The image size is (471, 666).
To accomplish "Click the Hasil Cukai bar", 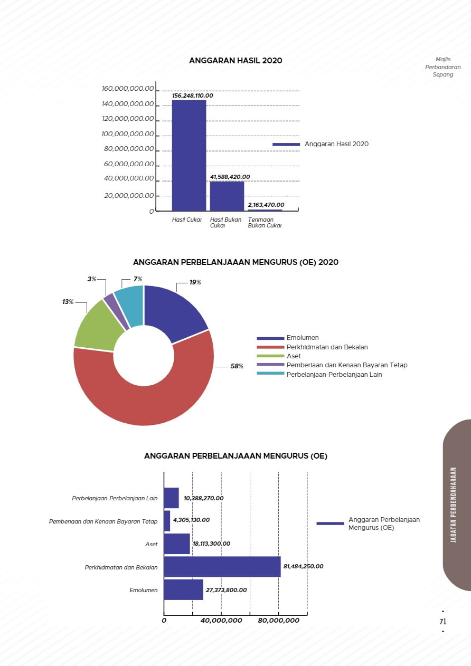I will [x=189, y=155].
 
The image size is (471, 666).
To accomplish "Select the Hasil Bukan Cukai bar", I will [x=227, y=196].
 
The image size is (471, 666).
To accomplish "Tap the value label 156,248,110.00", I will [x=192, y=96].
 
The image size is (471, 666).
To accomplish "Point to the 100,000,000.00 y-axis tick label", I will [x=127, y=134].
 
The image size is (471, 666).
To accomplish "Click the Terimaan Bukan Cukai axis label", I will [x=265, y=223].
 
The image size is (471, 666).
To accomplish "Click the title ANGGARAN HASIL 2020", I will [x=235, y=61].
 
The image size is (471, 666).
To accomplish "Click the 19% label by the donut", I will [x=195, y=282].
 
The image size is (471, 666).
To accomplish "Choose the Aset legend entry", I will [x=294, y=356].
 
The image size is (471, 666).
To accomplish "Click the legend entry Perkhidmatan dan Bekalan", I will [x=327, y=347].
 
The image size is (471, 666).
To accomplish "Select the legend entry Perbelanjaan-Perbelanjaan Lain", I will [x=334, y=375].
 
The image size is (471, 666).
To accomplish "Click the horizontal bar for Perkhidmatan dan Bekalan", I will [x=222, y=567].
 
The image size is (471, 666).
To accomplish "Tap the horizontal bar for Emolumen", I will [x=183, y=590].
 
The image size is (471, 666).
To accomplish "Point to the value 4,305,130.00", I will [x=191, y=520].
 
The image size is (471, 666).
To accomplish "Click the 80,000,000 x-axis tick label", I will [x=278, y=621].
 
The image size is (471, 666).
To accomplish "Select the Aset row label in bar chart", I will [x=151, y=544].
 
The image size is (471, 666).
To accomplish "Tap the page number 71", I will [x=442, y=622].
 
